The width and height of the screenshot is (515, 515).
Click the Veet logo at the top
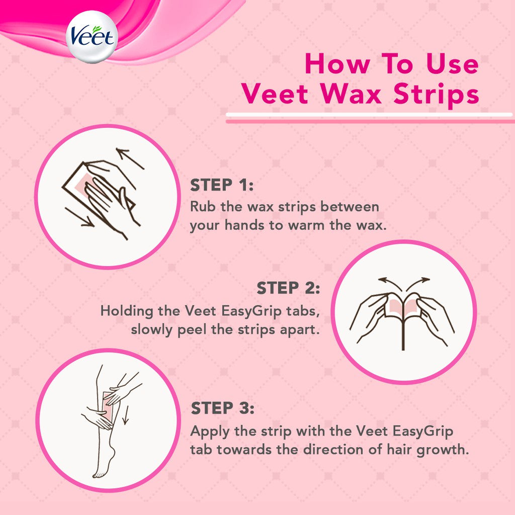(92, 37)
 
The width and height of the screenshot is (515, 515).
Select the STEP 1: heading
(222, 185)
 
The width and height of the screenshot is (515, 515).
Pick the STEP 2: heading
(288, 289)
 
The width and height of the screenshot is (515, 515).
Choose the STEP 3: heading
(222, 408)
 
